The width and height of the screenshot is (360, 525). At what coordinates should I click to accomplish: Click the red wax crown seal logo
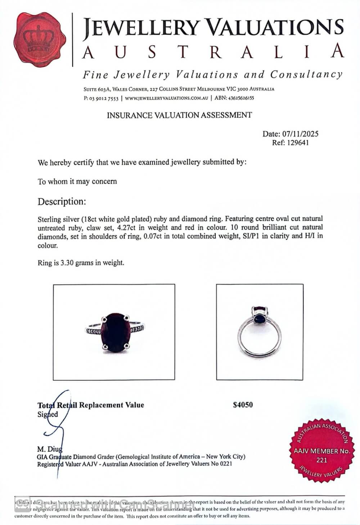click(x=40, y=40)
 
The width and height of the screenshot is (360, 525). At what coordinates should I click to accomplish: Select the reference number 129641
click(x=297, y=142)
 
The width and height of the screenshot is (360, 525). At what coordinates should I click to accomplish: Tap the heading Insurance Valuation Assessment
click(x=179, y=115)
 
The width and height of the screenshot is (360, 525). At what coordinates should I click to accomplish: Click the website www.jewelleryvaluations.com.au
click(x=166, y=98)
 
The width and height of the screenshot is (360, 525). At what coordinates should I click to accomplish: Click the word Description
click(x=62, y=202)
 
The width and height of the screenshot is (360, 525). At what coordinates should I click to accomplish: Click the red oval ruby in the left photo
click(x=116, y=332)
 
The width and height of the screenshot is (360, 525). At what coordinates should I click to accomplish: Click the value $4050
click(x=243, y=405)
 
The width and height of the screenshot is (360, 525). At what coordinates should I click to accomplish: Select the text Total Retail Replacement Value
click(x=91, y=405)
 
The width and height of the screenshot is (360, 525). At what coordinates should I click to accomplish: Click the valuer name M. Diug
click(x=50, y=449)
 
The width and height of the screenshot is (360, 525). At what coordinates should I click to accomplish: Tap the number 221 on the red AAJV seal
click(x=321, y=460)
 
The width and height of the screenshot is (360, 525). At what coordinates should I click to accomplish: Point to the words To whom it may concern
click(x=77, y=181)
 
